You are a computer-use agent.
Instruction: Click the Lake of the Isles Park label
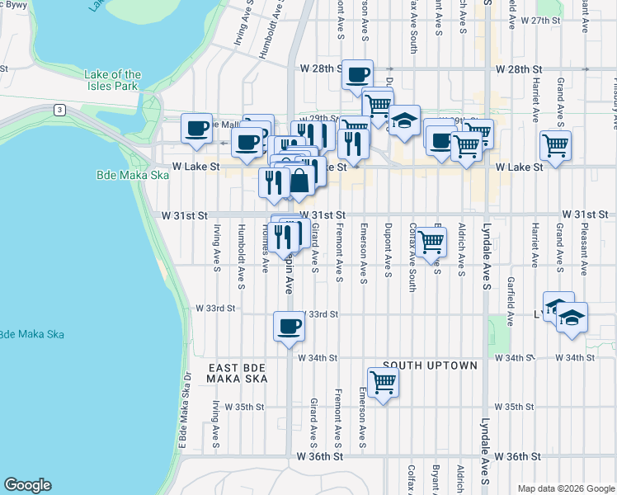(x=112, y=80)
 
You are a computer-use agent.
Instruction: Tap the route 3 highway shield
(x=60, y=110)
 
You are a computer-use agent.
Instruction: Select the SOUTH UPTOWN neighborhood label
(x=430, y=365)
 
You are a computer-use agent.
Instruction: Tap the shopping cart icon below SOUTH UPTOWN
(x=383, y=383)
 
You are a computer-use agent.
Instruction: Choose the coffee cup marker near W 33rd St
(x=288, y=327)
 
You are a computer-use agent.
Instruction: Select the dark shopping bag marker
(x=299, y=181)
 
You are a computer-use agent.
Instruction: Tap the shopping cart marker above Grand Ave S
(x=556, y=146)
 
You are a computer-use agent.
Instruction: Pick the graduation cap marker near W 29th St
(x=403, y=120)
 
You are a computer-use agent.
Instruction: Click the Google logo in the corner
(x=27, y=485)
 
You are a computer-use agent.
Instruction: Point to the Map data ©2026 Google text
(x=566, y=488)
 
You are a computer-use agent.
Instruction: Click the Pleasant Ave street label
(x=584, y=246)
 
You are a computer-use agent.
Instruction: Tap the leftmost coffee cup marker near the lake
(x=197, y=129)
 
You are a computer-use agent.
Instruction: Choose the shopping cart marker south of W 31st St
(x=431, y=243)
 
